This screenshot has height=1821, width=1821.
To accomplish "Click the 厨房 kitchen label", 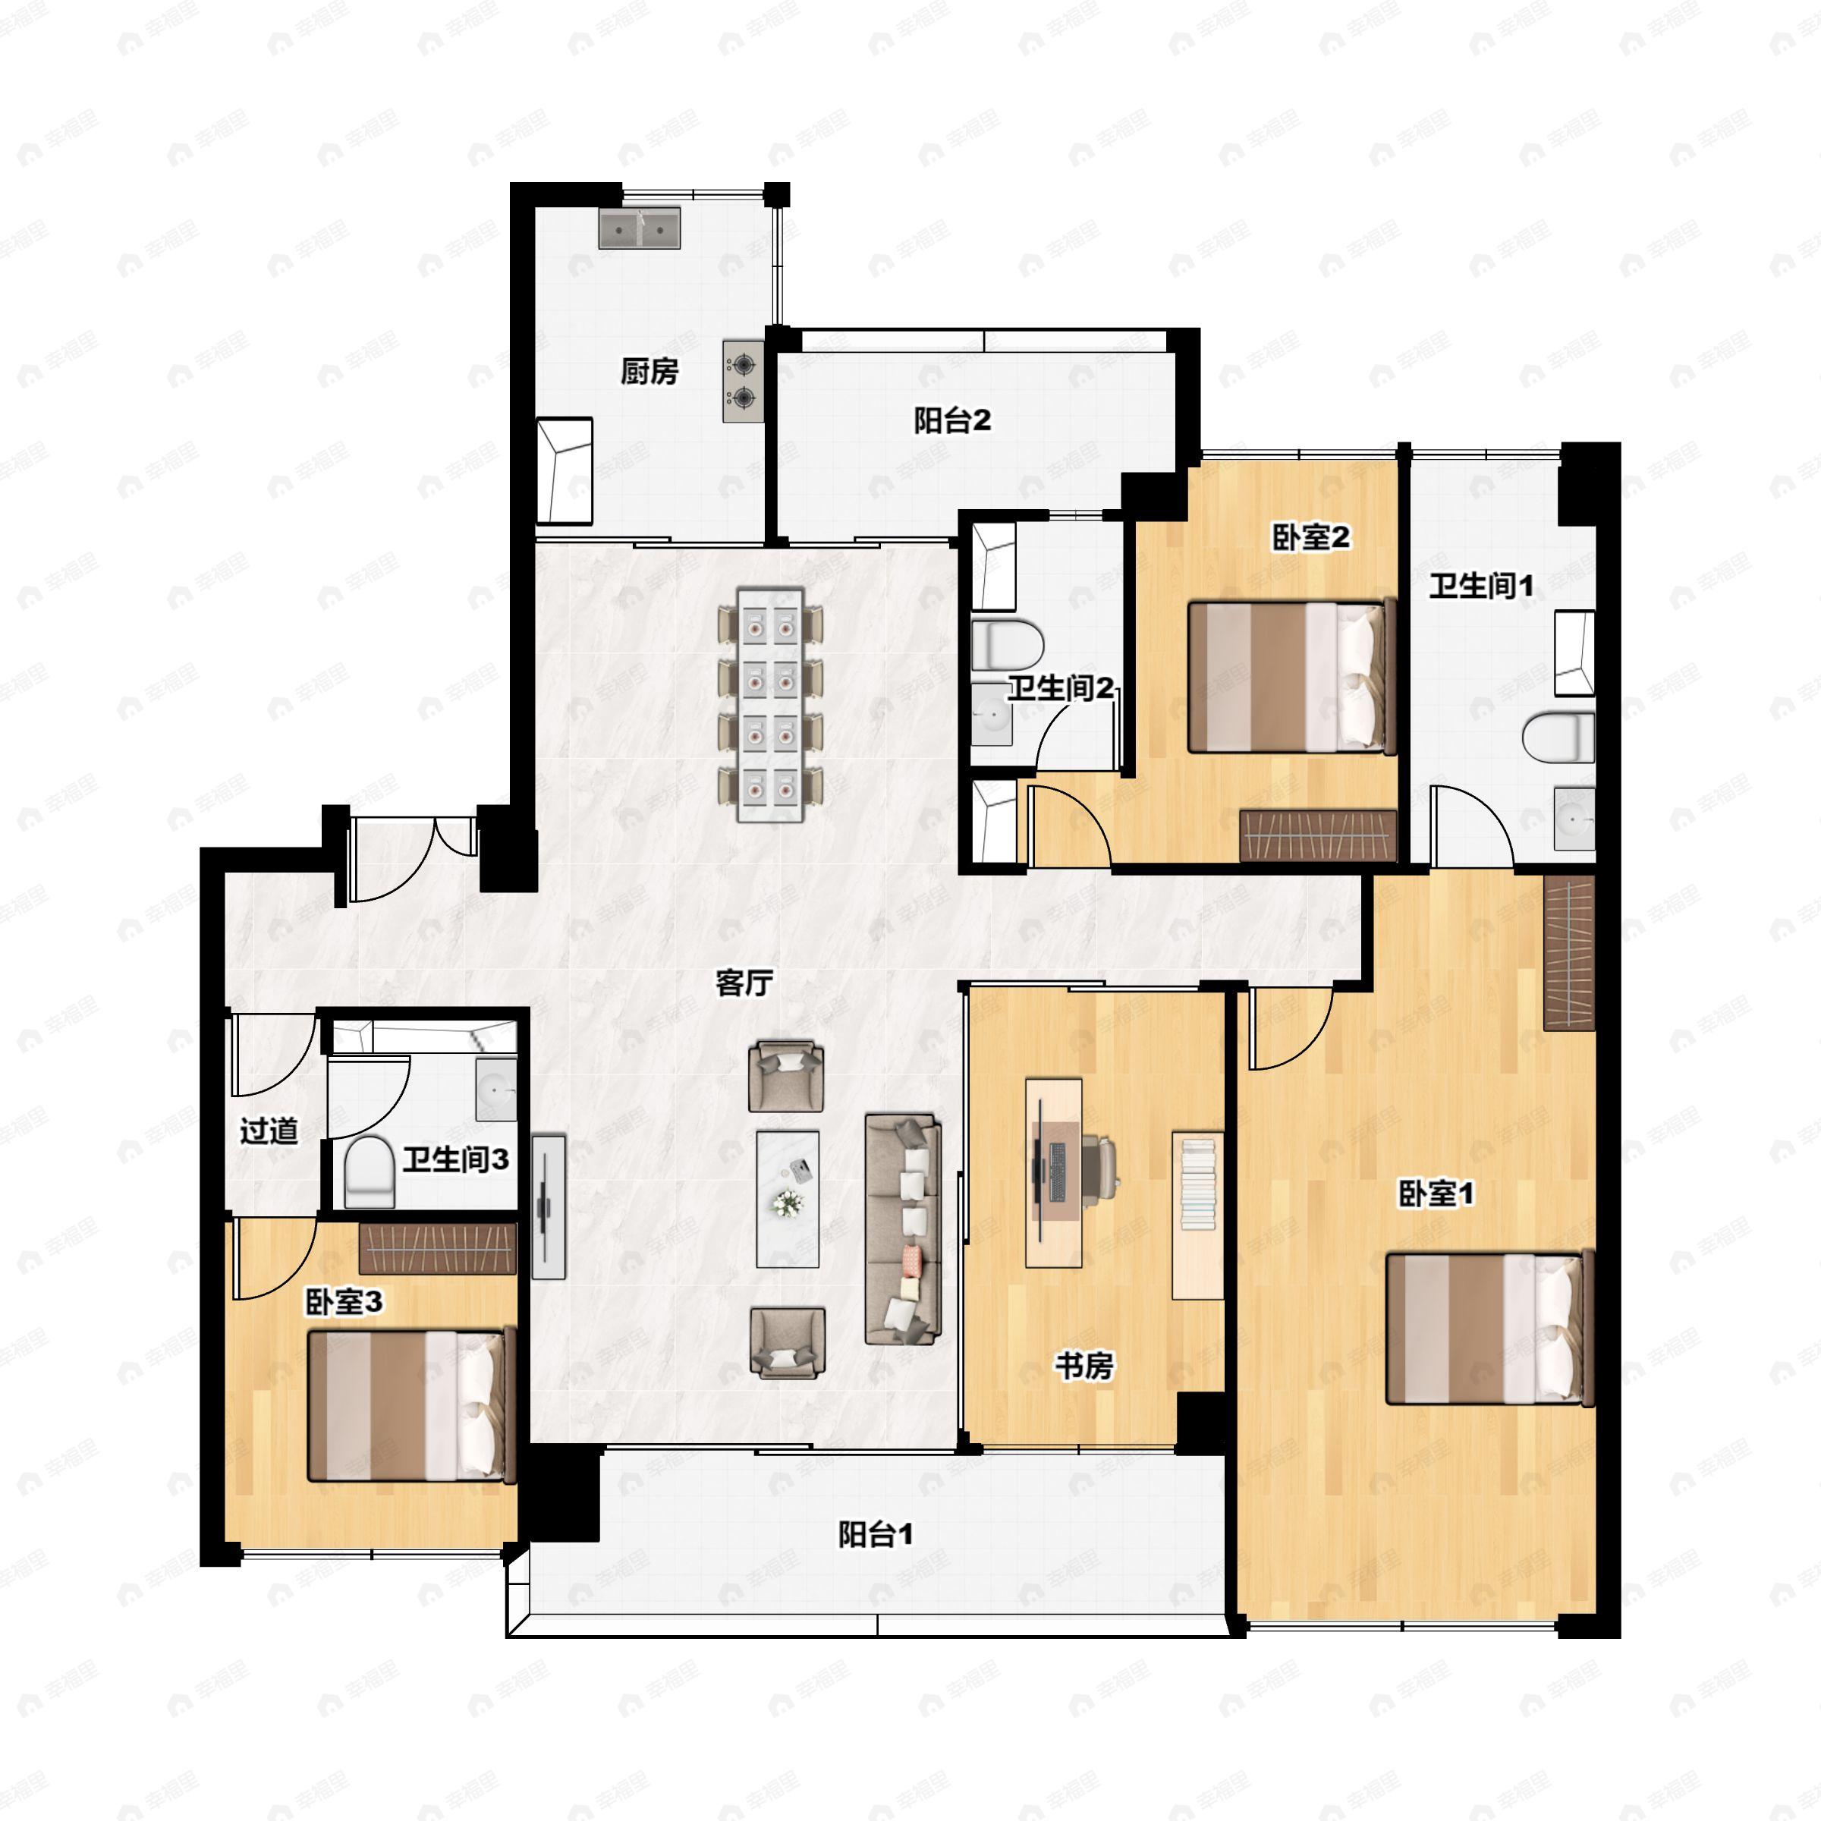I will [x=649, y=371].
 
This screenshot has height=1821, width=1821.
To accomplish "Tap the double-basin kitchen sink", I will [x=639, y=229].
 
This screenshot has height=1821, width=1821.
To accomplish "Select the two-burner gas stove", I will [x=744, y=381].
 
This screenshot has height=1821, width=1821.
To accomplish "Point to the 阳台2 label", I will [x=952, y=420].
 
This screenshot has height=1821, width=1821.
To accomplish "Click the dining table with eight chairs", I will [x=770, y=704].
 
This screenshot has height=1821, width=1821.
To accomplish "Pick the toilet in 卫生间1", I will [x=1558, y=737].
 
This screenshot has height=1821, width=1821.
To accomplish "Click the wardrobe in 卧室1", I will [x=1568, y=953].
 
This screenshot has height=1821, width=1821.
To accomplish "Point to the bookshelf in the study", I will [x=1198, y=1215].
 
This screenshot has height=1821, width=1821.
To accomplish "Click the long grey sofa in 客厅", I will [x=904, y=1230].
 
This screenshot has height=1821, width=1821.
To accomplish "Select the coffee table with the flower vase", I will [x=787, y=1199].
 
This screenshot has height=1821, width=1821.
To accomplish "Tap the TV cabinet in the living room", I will [x=549, y=1206].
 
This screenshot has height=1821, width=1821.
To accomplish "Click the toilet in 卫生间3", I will [x=369, y=1172].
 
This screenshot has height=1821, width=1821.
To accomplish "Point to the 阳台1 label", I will [x=876, y=1534].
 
